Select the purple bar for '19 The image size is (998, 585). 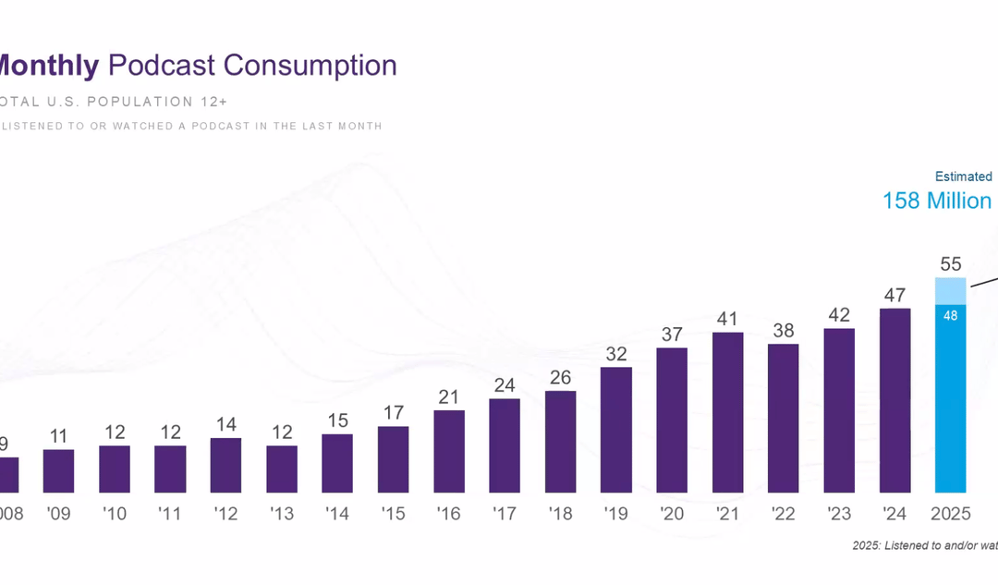point(616,430)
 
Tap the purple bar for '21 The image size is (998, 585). point(728,412)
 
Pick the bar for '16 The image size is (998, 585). point(449,451)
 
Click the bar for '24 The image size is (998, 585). point(895,400)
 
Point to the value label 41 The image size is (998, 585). point(728,318)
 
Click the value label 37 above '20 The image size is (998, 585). point(672,334)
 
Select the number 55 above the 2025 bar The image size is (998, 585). point(951,263)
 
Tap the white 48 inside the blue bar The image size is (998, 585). point(951,315)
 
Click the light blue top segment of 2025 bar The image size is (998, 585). point(951,290)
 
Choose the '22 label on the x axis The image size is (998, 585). point(784,513)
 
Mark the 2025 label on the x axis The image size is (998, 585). point(951,513)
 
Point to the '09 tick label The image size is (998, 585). point(58,513)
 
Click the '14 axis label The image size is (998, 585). point(337,513)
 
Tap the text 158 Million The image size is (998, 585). point(936,201)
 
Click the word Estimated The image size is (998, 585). point(963,177)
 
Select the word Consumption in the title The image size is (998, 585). point(310,66)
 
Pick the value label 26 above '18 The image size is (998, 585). point(561,376)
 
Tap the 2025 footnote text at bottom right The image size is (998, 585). point(924,546)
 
